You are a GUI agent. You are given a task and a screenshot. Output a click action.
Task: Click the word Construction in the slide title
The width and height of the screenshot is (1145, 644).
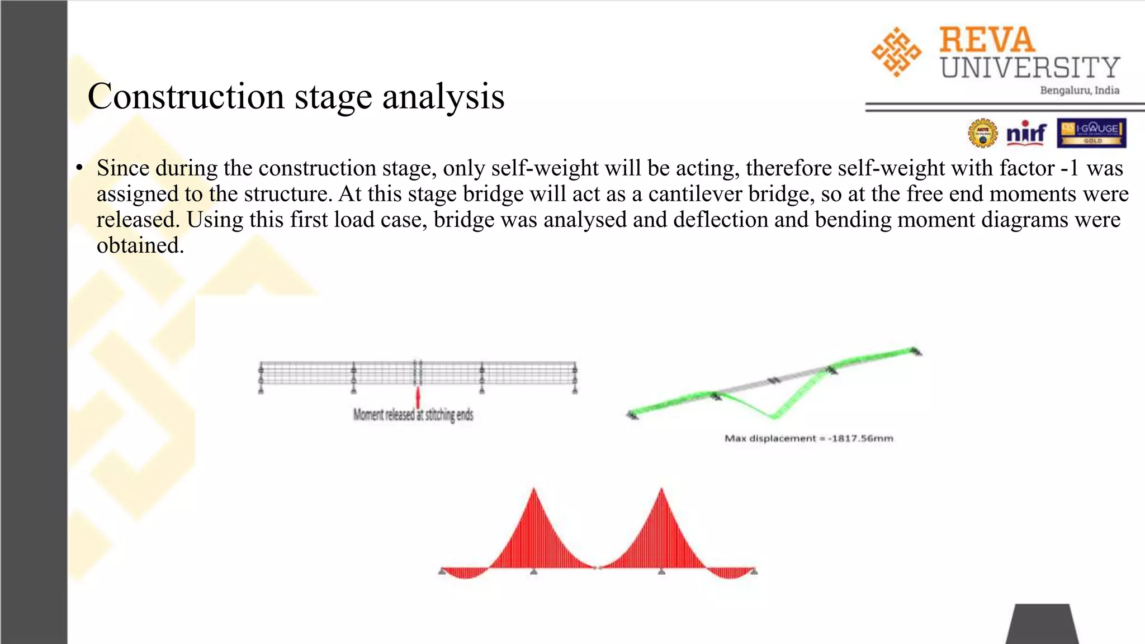click(186, 96)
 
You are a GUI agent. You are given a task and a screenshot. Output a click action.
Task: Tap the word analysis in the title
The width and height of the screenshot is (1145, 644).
click(443, 96)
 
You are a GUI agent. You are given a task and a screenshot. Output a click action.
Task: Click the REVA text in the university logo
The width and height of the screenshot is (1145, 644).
click(987, 40)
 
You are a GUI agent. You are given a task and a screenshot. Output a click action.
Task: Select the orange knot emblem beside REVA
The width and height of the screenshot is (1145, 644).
click(896, 52)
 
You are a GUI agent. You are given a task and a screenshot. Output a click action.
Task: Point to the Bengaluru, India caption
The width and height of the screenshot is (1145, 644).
click(1079, 91)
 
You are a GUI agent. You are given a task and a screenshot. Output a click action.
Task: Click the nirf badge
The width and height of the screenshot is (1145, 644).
click(1026, 133)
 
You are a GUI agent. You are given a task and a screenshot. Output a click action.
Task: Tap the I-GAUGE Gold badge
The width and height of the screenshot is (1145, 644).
click(1091, 133)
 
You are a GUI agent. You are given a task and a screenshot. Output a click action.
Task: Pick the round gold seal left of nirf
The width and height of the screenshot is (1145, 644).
click(982, 133)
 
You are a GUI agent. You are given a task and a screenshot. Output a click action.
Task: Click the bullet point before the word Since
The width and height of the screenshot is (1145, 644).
click(80, 168)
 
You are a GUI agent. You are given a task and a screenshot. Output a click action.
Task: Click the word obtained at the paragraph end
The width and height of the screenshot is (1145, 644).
click(140, 245)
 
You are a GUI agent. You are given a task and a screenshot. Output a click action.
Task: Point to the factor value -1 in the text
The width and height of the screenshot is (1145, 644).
click(1069, 168)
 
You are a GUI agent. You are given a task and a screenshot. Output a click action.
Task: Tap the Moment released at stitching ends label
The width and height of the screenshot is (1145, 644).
click(413, 415)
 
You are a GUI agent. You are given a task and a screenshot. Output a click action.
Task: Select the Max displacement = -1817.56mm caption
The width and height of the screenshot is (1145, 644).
click(808, 438)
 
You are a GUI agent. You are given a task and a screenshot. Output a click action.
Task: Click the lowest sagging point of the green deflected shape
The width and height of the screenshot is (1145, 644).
click(774, 416)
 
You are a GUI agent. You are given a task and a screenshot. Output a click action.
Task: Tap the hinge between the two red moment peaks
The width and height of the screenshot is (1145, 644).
click(598, 568)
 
